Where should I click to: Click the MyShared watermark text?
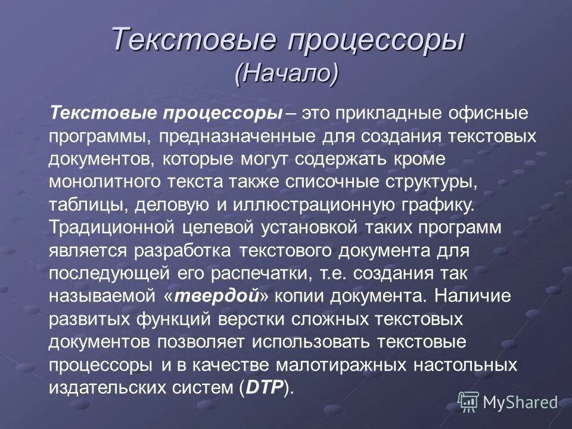click(x=520, y=402)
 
